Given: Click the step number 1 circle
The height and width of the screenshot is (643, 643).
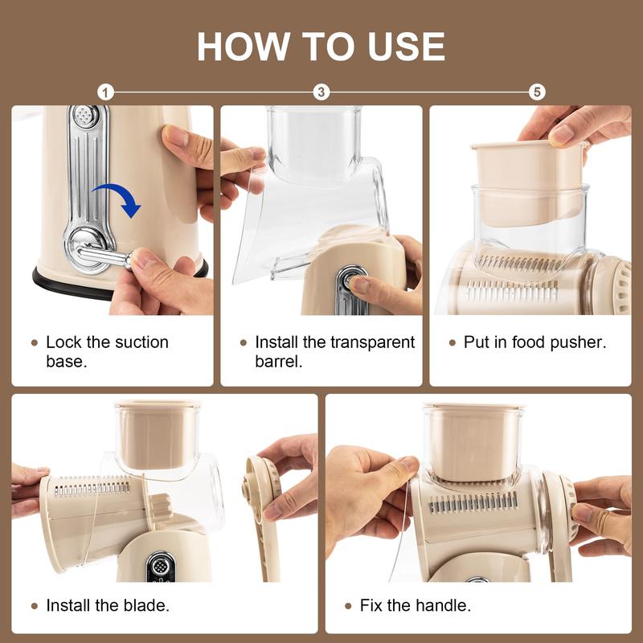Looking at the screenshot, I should (105, 92).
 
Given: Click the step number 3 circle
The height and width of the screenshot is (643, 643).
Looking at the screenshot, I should (321, 92).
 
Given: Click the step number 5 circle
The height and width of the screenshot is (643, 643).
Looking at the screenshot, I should (537, 92).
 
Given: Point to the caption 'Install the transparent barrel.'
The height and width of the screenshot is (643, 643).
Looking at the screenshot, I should (334, 351).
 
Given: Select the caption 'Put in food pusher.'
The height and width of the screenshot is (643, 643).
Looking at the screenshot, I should (534, 342).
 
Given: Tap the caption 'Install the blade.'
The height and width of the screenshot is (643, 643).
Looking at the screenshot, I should (107, 605).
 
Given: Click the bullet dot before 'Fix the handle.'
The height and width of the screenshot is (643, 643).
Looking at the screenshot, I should (348, 605).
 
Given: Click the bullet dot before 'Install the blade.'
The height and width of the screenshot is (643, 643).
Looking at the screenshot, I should (34, 605).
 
